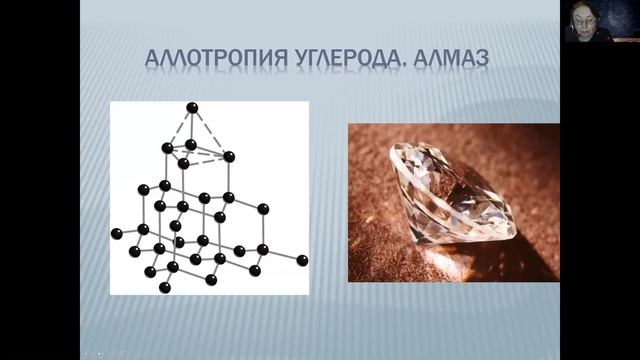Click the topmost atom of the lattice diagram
click(x=191, y=108)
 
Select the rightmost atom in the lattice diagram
click(x=302, y=261)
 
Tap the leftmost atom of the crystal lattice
click(x=117, y=234)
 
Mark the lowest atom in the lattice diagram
click(x=165, y=288)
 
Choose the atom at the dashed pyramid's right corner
click(x=229, y=157)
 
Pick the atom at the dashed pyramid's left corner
click(x=167, y=148)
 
